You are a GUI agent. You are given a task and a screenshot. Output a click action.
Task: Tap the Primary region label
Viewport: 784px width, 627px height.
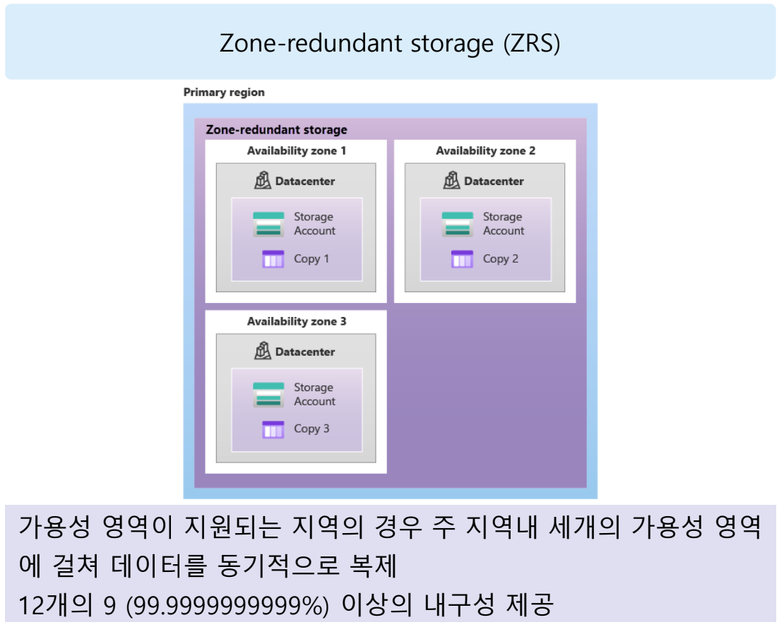click(x=224, y=92)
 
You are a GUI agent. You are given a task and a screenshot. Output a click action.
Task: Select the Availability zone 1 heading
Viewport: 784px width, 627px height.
click(x=296, y=150)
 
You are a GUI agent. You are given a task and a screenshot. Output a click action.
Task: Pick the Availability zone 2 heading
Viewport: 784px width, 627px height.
click(x=485, y=150)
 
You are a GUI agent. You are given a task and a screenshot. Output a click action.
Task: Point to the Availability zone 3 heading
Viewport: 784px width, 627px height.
click(x=296, y=321)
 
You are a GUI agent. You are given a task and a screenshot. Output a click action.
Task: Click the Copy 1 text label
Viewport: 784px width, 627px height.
click(x=311, y=259)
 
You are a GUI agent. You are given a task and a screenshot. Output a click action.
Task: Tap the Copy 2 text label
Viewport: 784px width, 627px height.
click(x=500, y=259)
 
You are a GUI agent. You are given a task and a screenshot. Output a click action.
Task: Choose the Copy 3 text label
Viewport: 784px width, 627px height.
click(x=311, y=429)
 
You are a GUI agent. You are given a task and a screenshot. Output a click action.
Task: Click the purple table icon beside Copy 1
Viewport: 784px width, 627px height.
click(x=273, y=259)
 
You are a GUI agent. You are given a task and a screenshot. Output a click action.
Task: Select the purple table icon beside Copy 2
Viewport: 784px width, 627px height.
click(x=462, y=259)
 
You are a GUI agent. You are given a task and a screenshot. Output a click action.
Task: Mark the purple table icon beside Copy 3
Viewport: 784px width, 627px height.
click(x=273, y=429)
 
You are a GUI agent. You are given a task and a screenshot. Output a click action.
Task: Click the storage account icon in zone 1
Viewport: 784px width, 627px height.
click(x=268, y=224)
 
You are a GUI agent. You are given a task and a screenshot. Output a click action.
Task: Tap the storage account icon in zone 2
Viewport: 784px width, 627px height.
click(x=457, y=224)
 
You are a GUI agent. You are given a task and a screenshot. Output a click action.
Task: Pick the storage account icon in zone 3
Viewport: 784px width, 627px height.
click(x=268, y=395)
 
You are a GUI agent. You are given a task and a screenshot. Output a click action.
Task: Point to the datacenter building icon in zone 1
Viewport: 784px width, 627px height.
click(x=263, y=181)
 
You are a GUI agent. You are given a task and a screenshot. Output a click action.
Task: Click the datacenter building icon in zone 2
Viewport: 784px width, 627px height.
click(x=451, y=181)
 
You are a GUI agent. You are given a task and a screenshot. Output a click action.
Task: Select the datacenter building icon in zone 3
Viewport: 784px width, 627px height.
click(x=263, y=351)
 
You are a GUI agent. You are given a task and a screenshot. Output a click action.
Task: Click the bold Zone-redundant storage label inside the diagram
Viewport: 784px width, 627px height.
click(x=276, y=130)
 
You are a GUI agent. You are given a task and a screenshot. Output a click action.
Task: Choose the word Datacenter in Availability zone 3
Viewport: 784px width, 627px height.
click(x=305, y=352)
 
